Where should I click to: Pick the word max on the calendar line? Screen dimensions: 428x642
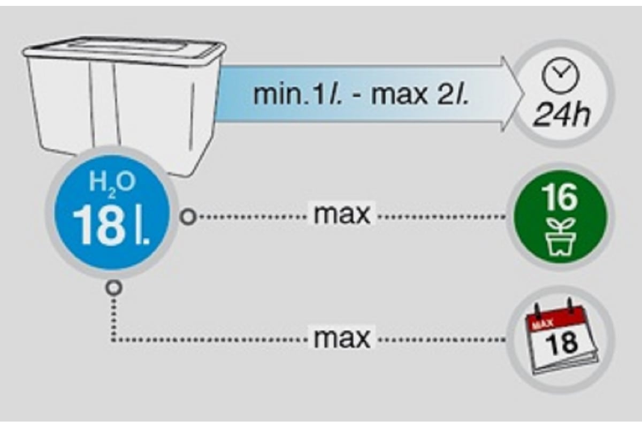(x=342, y=338)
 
